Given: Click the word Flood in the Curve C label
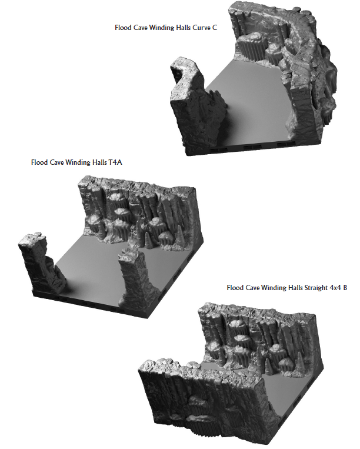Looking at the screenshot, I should point(123,27).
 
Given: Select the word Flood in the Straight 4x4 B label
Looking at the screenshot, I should point(235,288).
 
